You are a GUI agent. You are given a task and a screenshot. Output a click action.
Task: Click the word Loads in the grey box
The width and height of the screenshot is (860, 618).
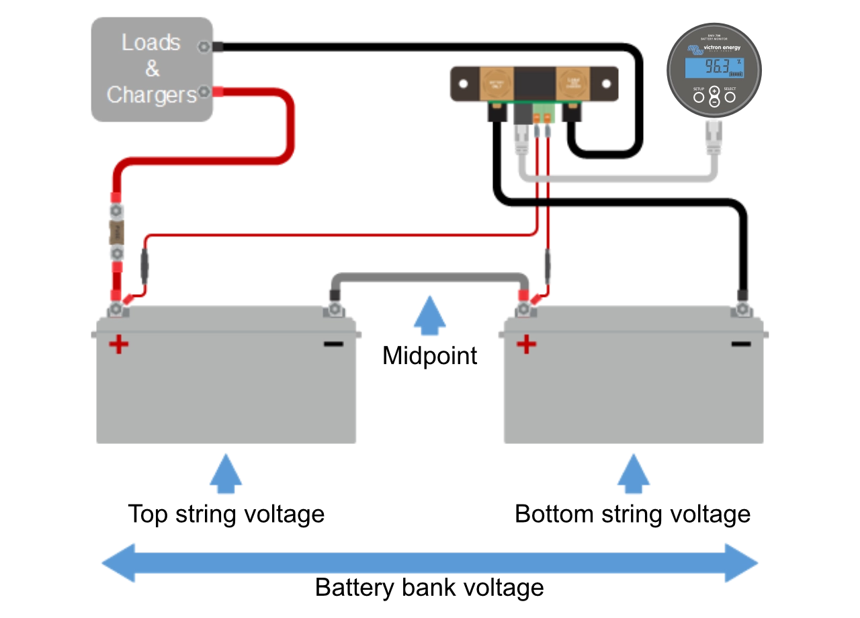click(x=151, y=42)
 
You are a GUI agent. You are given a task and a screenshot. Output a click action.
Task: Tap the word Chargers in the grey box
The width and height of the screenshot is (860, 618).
click(x=151, y=95)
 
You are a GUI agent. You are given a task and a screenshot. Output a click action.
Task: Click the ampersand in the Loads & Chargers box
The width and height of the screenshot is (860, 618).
click(x=153, y=69)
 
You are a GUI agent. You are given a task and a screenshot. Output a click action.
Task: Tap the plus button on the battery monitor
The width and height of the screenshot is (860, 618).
click(x=714, y=91)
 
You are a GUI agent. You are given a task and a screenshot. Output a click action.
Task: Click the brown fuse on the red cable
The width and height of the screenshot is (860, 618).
click(x=117, y=232)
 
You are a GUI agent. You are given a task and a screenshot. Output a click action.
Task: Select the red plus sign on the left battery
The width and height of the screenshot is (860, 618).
click(x=119, y=345)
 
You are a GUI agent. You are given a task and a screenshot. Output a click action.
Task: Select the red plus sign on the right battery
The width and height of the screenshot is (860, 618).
click(x=526, y=345)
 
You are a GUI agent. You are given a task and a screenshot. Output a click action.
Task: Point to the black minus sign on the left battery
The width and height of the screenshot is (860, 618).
click(x=333, y=345)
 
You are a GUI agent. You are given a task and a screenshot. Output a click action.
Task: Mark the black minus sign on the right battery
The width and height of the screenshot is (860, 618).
click(x=741, y=345)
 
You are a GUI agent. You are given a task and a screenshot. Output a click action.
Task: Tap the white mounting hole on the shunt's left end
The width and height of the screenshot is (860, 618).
click(x=463, y=84)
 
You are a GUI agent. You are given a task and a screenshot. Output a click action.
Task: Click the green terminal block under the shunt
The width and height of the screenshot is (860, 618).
click(x=542, y=112)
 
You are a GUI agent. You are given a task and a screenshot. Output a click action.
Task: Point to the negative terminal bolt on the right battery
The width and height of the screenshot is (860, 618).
click(x=742, y=309)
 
